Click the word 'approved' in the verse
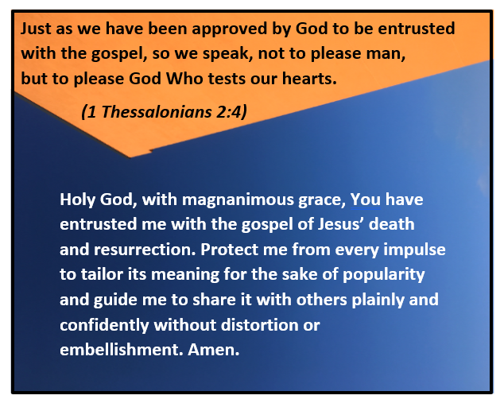pyautogui.click(x=230, y=29)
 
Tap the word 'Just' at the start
pyautogui.click(x=36, y=29)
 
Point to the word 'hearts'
pyautogui.click(x=309, y=78)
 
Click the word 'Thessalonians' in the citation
pyautogui.click(x=157, y=112)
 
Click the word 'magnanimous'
pyautogui.click(x=238, y=200)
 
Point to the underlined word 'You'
pyautogui.click(x=365, y=200)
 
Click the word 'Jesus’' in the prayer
pyautogui.click(x=341, y=224)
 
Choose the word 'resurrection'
pyautogui.click(x=145, y=250)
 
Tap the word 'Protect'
pyautogui.click(x=230, y=250)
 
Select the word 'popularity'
pyautogui.click(x=384, y=275)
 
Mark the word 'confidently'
pyautogui.click(x=104, y=326)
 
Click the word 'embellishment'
pyautogui.click(x=121, y=349)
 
